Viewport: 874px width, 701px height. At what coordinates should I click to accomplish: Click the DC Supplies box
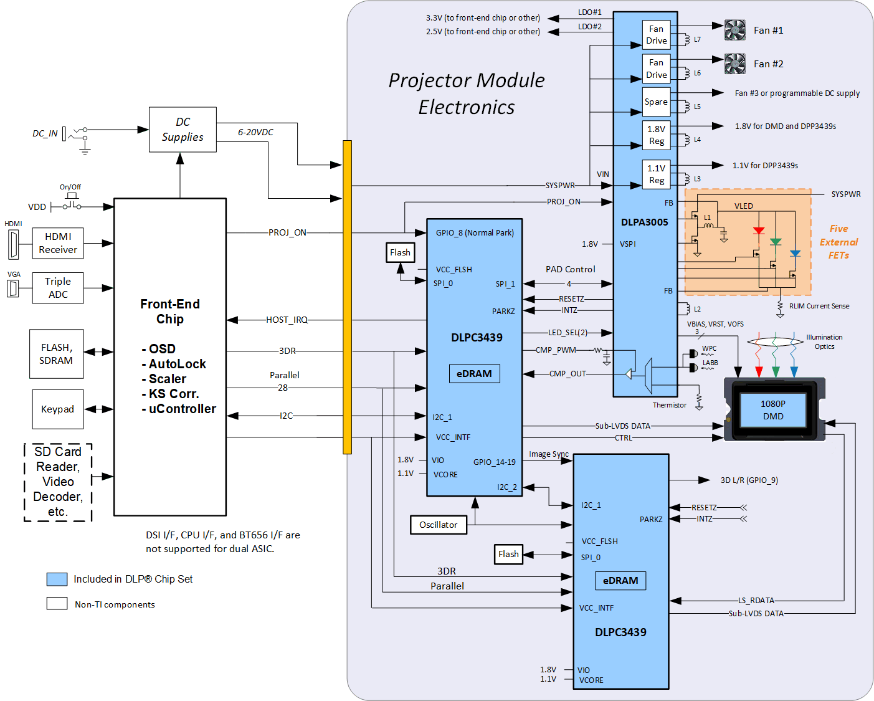click(x=183, y=130)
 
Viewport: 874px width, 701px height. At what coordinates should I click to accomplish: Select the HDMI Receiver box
click(x=58, y=243)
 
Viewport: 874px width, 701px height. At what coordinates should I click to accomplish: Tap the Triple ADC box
click(x=58, y=288)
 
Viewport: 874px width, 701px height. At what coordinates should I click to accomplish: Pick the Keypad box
click(x=57, y=409)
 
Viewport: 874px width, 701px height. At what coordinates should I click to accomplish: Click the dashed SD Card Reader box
click(x=58, y=482)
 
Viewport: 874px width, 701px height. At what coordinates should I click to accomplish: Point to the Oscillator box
click(x=438, y=525)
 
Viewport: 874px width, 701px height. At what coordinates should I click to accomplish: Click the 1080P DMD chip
click(x=773, y=410)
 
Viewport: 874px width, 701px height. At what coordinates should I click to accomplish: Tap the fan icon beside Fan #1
click(x=735, y=30)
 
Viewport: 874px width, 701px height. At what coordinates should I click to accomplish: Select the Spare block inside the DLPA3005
click(x=656, y=102)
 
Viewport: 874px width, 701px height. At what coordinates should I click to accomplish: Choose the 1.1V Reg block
click(x=656, y=174)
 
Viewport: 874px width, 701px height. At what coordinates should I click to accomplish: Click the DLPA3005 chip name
click(x=644, y=222)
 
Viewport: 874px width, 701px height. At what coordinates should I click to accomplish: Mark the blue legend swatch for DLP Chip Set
click(x=57, y=579)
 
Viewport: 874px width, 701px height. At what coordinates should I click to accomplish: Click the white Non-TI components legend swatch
click(x=57, y=604)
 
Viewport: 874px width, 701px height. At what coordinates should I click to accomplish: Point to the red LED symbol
click(x=759, y=231)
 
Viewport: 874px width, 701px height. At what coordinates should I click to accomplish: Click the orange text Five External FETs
click(x=838, y=242)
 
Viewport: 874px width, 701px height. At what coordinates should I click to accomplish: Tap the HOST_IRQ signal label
click(x=287, y=320)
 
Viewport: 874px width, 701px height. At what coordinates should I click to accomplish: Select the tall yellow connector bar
click(x=347, y=297)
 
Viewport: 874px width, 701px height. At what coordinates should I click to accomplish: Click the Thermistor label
click(x=669, y=405)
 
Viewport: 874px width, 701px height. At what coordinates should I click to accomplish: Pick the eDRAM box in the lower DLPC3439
click(x=620, y=581)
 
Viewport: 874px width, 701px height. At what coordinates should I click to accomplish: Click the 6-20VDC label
click(x=255, y=132)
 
